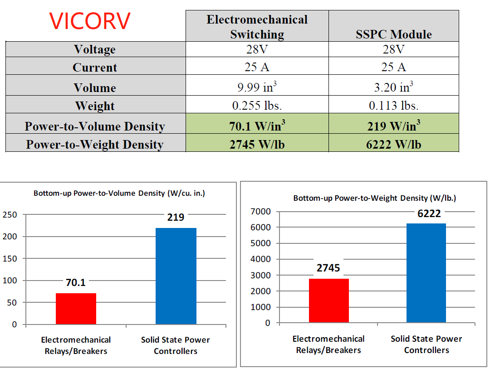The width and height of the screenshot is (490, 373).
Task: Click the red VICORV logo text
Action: click(x=90, y=21)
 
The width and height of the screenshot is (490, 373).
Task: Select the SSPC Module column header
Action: click(x=393, y=34)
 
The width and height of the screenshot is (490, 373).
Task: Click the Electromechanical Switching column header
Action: click(x=257, y=27)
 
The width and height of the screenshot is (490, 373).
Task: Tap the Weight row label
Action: click(x=95, y=106)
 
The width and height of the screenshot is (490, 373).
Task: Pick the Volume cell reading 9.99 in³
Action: click(x=257, y=87)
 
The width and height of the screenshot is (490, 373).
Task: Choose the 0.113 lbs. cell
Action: click(x=393, y=106)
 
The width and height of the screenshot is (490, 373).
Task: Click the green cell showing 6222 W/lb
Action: click(x=393, y=144)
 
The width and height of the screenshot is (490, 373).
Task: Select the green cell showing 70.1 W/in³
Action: click(x=257, y=126)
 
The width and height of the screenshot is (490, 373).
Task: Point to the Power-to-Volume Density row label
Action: click(x=95, y=126)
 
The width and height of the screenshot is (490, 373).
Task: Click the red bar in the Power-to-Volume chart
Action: click(x=76, y=309)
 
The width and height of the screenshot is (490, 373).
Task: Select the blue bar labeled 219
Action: click(x=176, y=276)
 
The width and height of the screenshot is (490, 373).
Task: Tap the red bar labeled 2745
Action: click(x=328, y=300)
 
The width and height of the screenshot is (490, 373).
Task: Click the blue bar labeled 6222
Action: click(x=426, y=273)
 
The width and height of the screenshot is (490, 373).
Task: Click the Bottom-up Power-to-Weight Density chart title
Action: click(x=375, y=198)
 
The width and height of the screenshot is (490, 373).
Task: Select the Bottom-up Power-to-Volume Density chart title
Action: click(x=119, y=193)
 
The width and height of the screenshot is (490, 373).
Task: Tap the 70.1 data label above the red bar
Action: click(x=75, y=283)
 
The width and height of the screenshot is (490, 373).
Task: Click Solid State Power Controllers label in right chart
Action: click(x=426, y=344)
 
